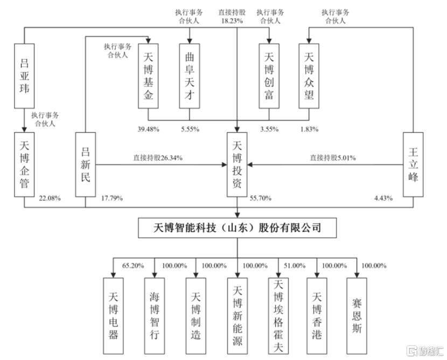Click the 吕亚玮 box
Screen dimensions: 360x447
(x=24, y=75)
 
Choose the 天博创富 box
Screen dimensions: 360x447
(x=269, y=75)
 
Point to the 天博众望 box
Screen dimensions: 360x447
(x=309, y=75)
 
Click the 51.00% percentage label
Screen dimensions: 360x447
(x=295, y=265)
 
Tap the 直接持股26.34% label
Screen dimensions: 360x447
(x=158, y=158)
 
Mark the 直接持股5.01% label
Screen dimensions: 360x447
(x=332, y=158)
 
